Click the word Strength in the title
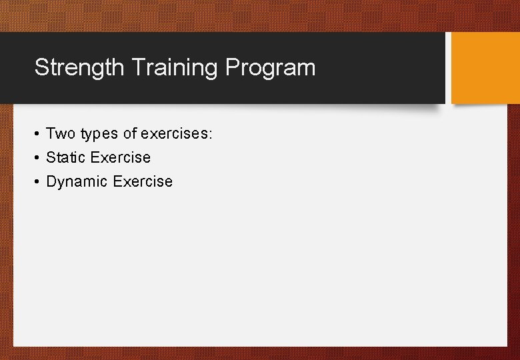pos(79,67)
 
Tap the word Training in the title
pos(175,67)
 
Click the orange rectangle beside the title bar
pos(485,68)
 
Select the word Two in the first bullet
pos(61,134)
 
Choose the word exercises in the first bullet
pos(173,134)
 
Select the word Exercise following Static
pos(121,158)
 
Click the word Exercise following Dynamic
pos(143,182)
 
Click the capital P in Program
pos(232,67)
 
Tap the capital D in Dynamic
pos(51,181)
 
